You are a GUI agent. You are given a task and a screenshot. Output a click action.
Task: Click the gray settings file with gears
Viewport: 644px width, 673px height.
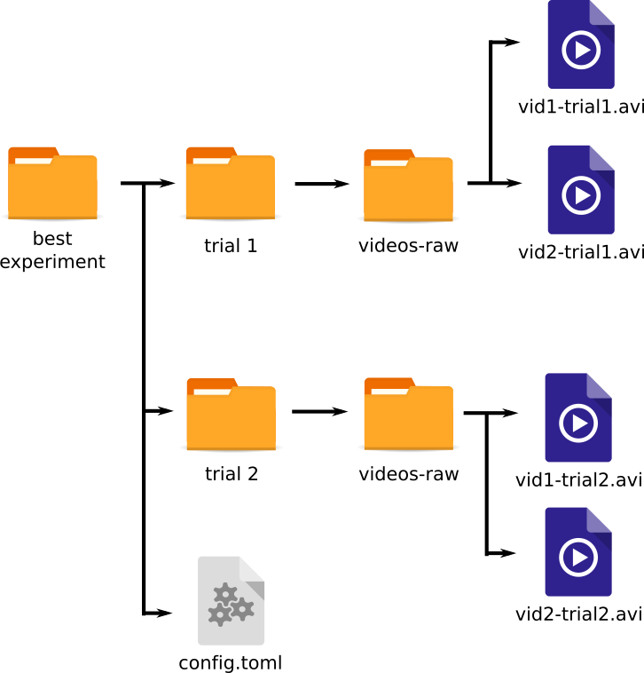231,601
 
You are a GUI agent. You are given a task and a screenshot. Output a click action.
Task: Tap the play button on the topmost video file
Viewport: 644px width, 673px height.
581,50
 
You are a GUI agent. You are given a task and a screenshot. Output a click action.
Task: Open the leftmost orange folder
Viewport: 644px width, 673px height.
52,183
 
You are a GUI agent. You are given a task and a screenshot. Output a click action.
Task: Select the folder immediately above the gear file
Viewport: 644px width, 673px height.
231,414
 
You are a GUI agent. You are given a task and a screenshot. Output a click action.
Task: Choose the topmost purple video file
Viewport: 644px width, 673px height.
581,44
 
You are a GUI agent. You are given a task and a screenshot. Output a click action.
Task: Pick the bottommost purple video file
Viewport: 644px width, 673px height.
578,552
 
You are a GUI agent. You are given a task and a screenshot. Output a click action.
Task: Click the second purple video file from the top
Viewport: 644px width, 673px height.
581,190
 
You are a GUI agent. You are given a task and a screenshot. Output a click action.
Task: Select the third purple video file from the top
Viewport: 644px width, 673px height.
578,418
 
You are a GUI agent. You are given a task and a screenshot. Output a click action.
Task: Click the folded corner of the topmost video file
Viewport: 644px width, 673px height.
603,12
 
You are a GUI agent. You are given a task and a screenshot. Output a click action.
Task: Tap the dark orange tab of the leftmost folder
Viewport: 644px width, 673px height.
33,152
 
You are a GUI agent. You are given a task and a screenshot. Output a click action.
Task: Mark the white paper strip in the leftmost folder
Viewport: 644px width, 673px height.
34,161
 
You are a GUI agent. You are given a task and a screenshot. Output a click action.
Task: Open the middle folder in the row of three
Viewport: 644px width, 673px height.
230,183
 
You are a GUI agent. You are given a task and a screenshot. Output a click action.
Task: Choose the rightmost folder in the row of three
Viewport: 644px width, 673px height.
408,186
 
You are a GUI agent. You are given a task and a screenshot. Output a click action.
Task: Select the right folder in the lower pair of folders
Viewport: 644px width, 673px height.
408,414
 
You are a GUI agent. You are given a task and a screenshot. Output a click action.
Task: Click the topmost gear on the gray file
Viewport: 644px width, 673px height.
225,593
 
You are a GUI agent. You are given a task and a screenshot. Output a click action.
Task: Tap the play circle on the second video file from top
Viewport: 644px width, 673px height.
581,195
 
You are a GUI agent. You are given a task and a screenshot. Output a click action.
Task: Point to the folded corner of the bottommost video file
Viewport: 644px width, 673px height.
600,519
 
